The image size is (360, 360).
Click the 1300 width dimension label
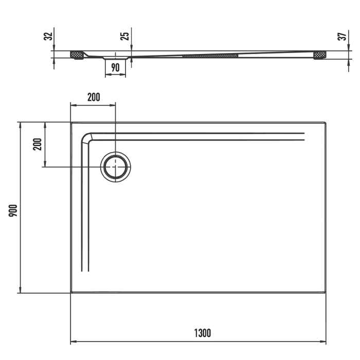[x=203, y=333]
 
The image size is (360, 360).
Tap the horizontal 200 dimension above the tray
[x=93, y=97]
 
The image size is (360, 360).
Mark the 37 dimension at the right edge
[x=341, y=37]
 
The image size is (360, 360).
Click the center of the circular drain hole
[x=116, y=167]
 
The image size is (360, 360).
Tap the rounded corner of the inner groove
[x=86, y=138]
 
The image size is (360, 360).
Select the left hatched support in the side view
[x=77, y=54]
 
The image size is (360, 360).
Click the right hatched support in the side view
[x=320, y=54]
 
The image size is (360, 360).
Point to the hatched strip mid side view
[x=210, y=54]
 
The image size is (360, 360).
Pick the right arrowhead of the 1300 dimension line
[x=323, y=341]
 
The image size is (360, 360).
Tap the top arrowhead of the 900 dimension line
[x=20, y=125]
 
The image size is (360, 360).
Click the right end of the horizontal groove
[x=303, y=136]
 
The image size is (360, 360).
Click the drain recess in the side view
[x=115, y=57]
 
